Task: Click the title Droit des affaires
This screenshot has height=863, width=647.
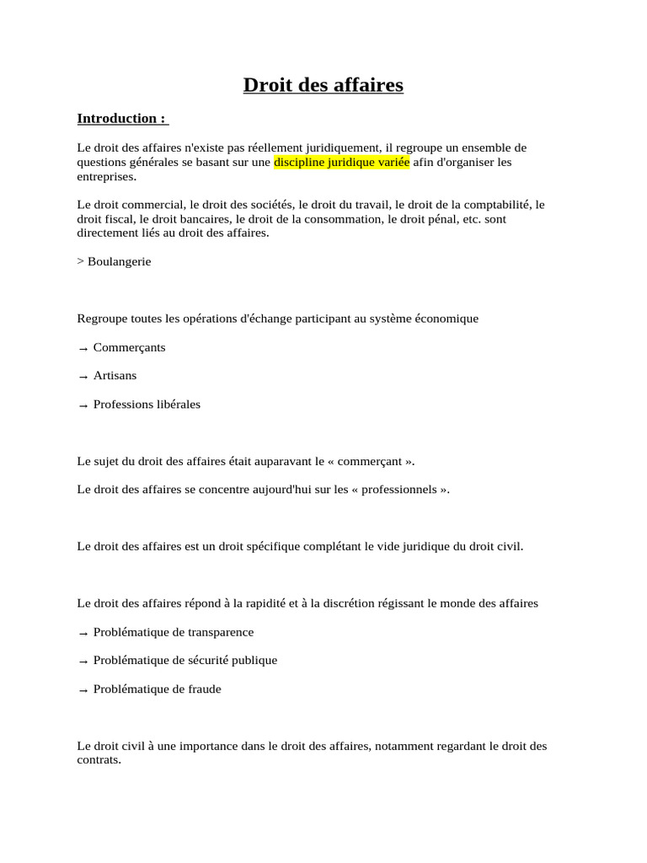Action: [323, 85]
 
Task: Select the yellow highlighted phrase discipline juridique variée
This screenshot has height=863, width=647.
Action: [341, 162]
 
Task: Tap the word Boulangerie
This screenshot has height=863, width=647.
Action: [120, 261]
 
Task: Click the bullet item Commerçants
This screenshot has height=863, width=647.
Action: [130, 347]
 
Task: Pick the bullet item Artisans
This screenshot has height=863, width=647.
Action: [115, 376]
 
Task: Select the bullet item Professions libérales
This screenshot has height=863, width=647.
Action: [147, 405]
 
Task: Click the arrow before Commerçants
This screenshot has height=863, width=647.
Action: [83, 348]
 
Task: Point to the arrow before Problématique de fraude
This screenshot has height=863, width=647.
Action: [83, 689]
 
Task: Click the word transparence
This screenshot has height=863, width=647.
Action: [221, 632]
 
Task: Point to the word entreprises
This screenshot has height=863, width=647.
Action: [105, 176]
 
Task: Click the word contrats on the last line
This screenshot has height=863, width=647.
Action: [98, 760]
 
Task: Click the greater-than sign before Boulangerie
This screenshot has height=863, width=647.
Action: [80, 261]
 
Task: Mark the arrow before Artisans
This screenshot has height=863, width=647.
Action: [83, 377]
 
